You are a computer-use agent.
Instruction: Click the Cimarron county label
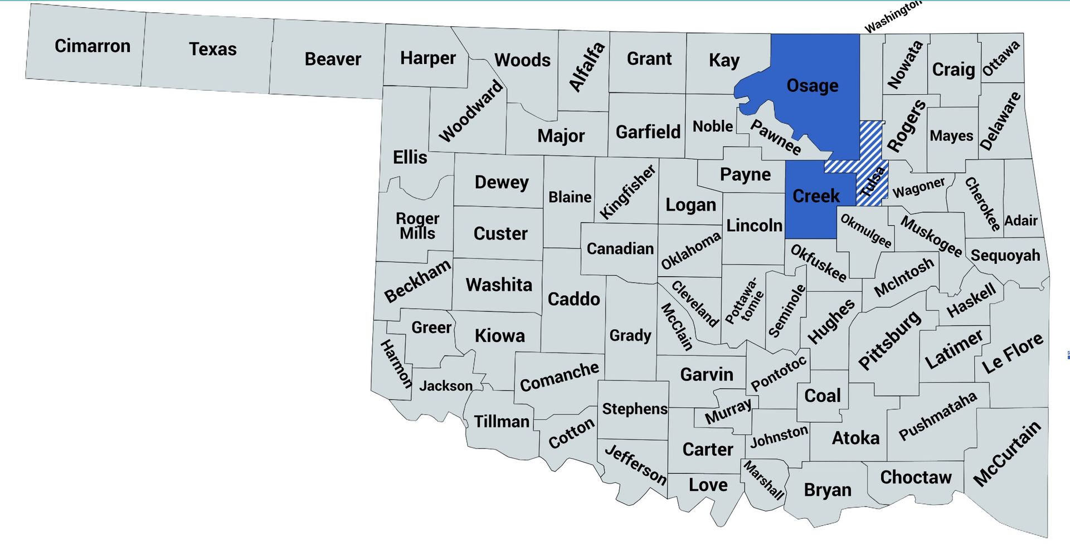pyautogui.click(x=93, y=46)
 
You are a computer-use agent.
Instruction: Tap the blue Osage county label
pyautogui.click(x=812, y=85)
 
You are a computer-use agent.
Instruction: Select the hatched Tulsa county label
pyautogui.click(x=873, y=182)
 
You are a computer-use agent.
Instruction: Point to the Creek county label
pyautogui.click(x=816, y=196)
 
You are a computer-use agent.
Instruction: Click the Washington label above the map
pyautogui.click(x=892, y=17)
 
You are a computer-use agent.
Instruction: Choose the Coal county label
pyautogui.click(x=822, y=396)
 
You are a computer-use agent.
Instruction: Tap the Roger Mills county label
pyautogui.click(x=417, y=226)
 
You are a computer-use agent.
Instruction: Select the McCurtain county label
pyautogui.click(x=1006, y=454)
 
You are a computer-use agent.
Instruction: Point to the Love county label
pyautogui.click(x=708, y=485)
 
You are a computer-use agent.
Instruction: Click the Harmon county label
pyautogui.click(x=396, y=364)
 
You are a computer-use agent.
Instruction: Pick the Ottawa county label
pyautogui.click(x=1001, y=58)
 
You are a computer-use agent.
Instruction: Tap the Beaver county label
pyautogui.click(x=333, y=59)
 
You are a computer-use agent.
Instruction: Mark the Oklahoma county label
pyautogui.click(x=690, y=251)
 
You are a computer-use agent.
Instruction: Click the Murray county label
pyautogui.click(x=728, y=411)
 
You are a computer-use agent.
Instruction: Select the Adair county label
pyautogui.click(x=1020, y=221)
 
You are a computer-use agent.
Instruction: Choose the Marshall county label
pyautogui.click(x=763, y=480)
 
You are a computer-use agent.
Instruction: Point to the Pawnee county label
pyautogui.click(x=775, y=137)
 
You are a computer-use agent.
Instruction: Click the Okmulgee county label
pyautogui.click(x=865, y=230)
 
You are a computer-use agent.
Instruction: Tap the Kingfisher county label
pyautogui.click(x=628, y=192)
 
